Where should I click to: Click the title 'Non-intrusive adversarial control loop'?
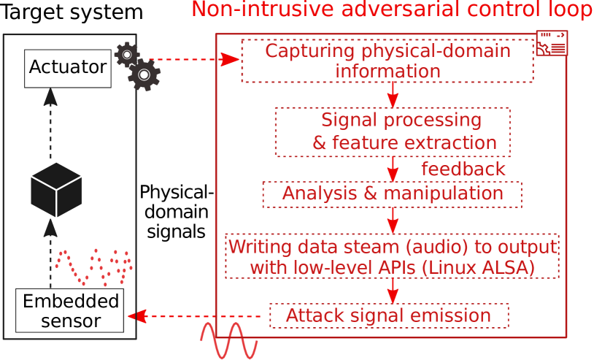pos(392,10)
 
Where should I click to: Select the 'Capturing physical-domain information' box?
pos(387,61)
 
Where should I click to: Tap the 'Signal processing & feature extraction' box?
pos(393,131)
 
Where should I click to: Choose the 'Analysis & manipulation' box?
pos(392,194)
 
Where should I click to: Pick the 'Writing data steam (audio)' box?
pos(392,256)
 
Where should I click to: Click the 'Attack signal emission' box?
pos(388,315)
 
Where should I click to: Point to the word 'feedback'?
pos(463,169)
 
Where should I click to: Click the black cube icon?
pos(56,190)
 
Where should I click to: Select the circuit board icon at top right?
pos(552,44)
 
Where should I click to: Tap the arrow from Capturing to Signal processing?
pos(393,94)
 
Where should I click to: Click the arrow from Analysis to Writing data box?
pos(393,220)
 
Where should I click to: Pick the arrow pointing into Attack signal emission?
pos(393,291)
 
